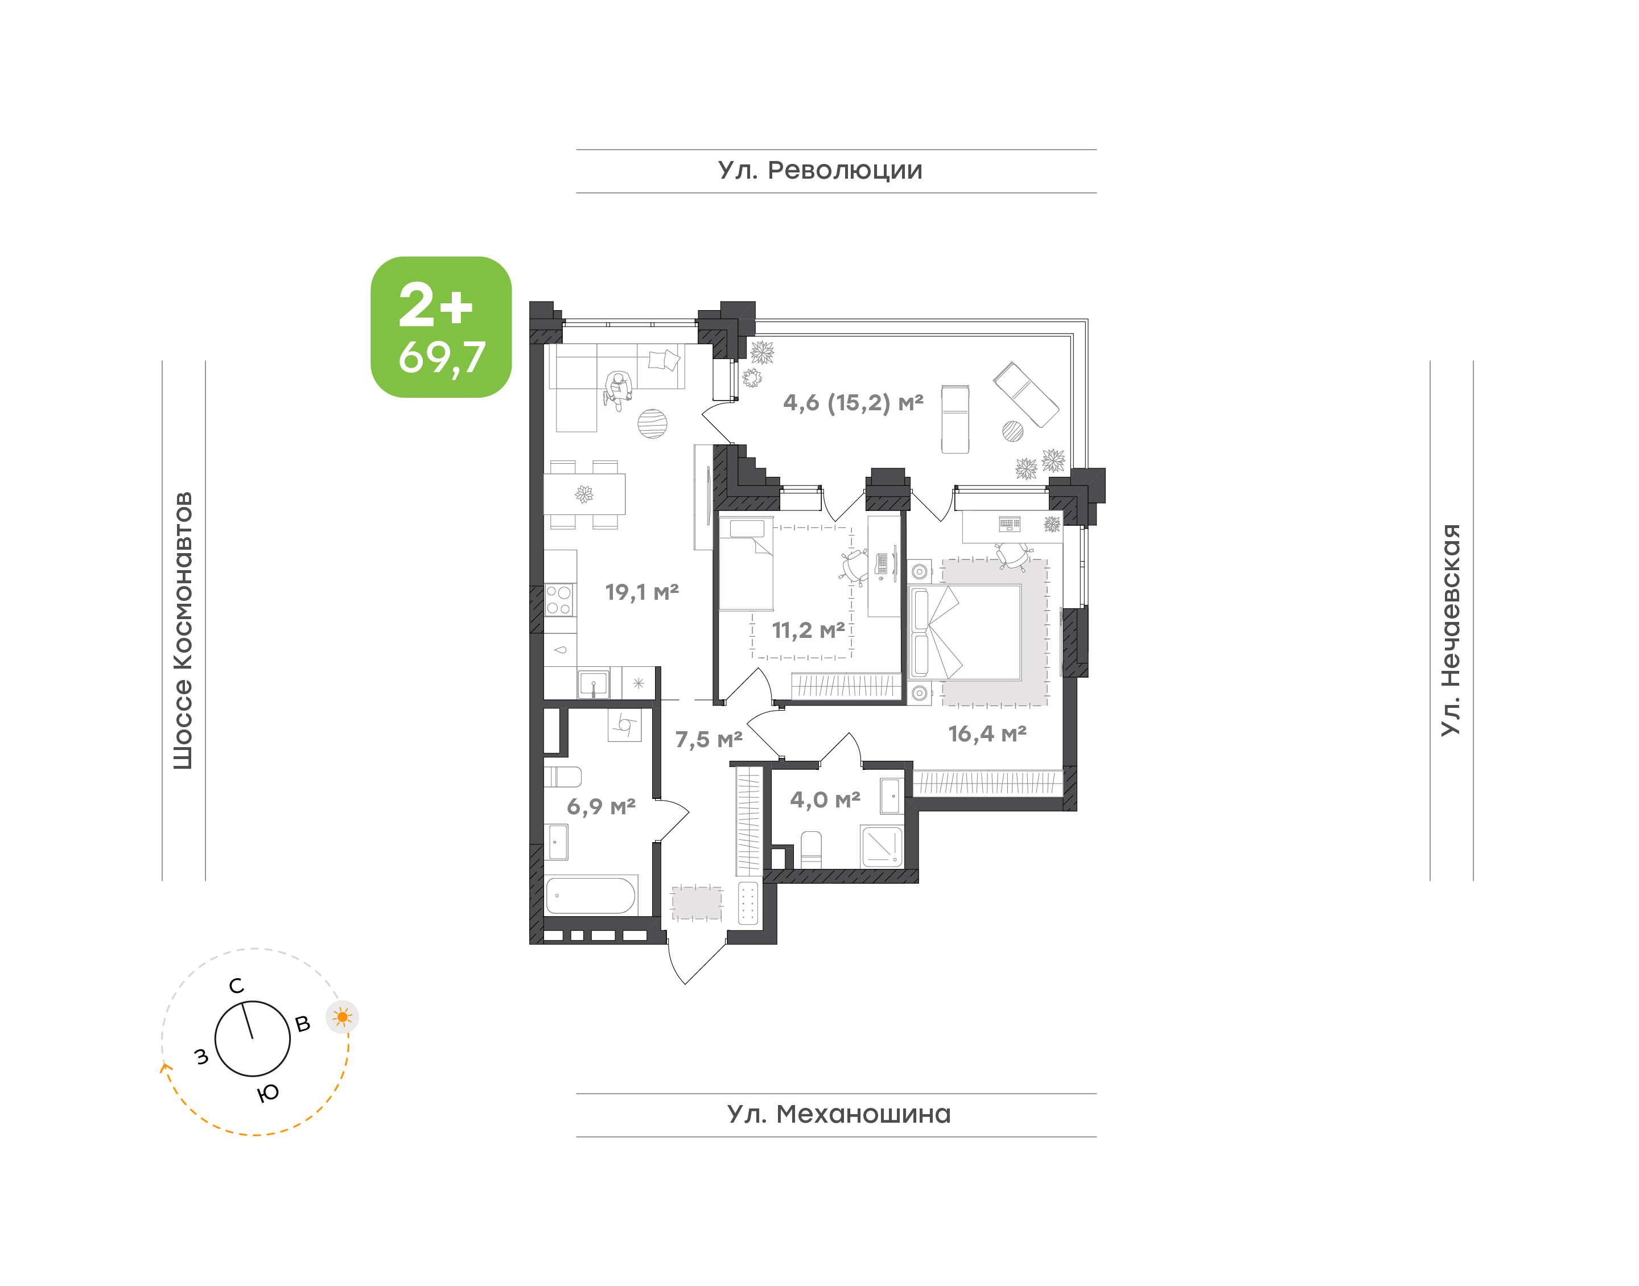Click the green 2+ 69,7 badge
click(x=440, y=327)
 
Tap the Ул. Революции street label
click(x=820, y=171)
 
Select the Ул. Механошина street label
click(x=839, y=1114)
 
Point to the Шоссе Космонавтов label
click(x=183, y=630)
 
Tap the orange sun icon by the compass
click(x=343, y=1017)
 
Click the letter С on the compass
click(x=236, y=986)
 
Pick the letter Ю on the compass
click(x=268, y=1093)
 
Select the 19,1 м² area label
click(x=641, y=592)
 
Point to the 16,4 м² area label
click(x=987, y=733)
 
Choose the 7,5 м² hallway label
click(x=709, y=739)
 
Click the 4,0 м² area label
click(x=825, y=799)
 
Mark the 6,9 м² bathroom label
click(x=601, y=806)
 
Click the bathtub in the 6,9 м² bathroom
click(x=591, y=895)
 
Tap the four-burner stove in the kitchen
click(x=559, y=601)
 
